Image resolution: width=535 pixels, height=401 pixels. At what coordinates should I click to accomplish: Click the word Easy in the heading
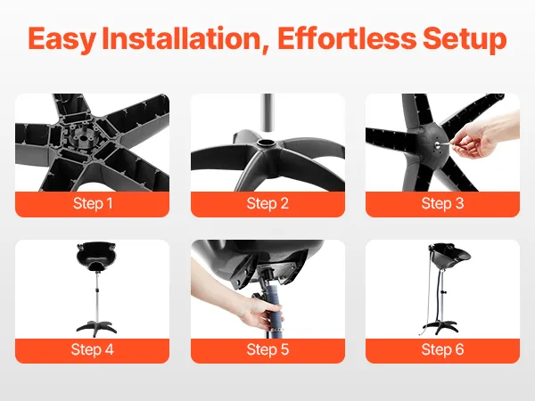[62, 39]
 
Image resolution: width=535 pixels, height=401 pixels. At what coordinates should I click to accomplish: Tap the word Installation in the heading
[182, 38]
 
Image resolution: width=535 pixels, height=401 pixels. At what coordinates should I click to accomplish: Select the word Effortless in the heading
[347, 38]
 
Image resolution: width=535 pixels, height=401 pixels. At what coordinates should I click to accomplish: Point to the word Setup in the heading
[465, 39]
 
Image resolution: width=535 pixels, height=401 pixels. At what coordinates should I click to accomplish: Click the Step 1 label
[93, 203]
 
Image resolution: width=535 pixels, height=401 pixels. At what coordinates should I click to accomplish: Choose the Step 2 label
[267, 203]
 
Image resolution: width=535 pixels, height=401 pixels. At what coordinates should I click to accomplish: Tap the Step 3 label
[442, 203]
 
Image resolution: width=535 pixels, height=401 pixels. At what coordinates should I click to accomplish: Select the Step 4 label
[93, 349]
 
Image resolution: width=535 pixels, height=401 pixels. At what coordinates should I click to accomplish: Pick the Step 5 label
[267, 349]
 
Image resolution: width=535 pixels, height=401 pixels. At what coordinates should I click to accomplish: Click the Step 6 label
[442, 349]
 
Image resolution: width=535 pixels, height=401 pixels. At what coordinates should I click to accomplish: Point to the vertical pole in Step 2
[267, 112]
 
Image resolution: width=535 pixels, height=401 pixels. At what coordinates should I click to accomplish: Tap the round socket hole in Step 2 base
[267, 143]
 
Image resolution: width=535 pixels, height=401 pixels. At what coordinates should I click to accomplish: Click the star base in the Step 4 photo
[96, 326]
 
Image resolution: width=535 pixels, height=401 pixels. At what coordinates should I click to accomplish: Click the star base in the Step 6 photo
[442, 327]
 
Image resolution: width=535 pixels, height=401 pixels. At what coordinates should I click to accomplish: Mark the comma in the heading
[265, 50]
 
